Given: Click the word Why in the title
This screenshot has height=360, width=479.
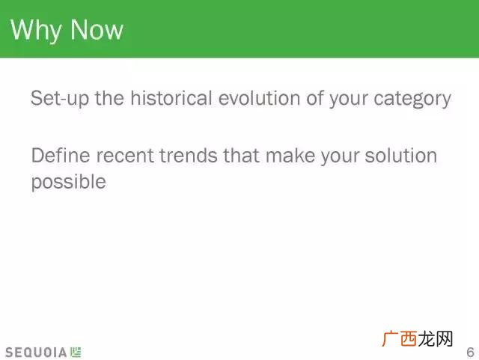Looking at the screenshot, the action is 35,30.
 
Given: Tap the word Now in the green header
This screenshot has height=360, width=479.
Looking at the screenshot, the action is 97,29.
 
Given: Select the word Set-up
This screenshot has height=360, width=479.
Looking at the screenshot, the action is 60,98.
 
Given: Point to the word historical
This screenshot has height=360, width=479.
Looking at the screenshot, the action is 171,98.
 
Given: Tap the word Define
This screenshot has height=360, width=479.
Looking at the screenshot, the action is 61,155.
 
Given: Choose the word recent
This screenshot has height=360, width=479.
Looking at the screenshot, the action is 125,156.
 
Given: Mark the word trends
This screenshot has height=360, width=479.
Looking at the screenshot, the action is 188,155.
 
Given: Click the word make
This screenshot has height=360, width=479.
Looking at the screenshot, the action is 290,155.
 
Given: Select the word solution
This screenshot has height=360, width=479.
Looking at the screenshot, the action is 400,155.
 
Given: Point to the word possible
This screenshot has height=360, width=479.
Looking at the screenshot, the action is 69,183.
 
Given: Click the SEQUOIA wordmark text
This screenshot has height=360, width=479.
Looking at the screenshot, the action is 36,353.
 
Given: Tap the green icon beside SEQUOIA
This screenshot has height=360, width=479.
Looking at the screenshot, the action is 76,352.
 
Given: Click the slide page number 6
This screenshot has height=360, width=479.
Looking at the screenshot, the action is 471,352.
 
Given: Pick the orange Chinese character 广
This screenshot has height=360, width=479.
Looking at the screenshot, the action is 390,338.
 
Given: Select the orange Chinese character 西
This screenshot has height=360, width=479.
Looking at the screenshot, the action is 409,338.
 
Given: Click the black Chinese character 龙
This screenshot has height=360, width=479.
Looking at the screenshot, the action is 427,338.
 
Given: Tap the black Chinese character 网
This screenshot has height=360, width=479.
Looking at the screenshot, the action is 444,338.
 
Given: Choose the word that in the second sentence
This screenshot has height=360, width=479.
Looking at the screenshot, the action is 241,155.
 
